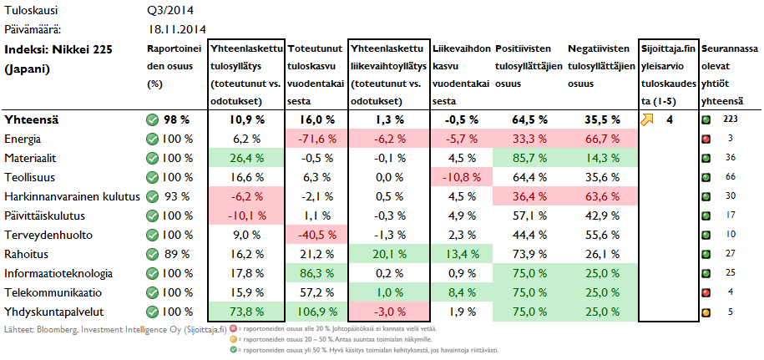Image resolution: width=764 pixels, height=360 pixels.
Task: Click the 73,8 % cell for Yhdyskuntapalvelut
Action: point(247,312)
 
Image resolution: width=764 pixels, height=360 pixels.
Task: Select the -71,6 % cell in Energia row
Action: point(314,139)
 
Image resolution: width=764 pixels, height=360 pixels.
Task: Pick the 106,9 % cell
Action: point(315,312)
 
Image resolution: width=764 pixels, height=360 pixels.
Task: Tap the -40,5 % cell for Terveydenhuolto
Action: point(314,235)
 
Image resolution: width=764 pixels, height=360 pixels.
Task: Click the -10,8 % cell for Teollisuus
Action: point(461,177)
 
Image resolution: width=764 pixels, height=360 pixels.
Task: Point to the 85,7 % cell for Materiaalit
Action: point(528,158)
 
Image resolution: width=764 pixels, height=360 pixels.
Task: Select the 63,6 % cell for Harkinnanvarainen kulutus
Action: point(600,196)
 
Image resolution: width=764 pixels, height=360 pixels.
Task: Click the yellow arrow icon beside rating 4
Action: point(649,119)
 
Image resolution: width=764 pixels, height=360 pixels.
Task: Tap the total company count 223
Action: point(730,119)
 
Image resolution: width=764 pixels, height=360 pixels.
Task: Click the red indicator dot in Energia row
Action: point(706,139)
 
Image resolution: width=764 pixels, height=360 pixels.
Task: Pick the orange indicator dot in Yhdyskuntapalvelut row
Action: point(706,312)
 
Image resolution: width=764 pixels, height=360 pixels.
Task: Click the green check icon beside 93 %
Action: point(152,196)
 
